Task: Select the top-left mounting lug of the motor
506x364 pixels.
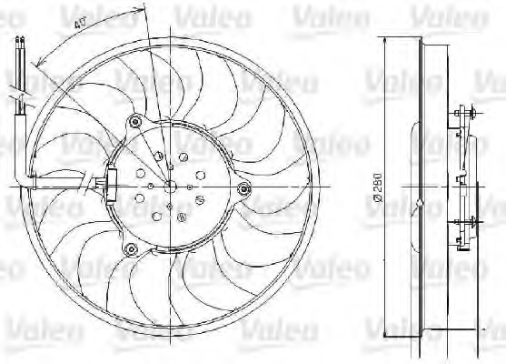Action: [136, 120]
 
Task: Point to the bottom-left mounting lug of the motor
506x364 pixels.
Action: [132, 248]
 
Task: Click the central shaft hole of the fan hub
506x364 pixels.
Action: [170, 185]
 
